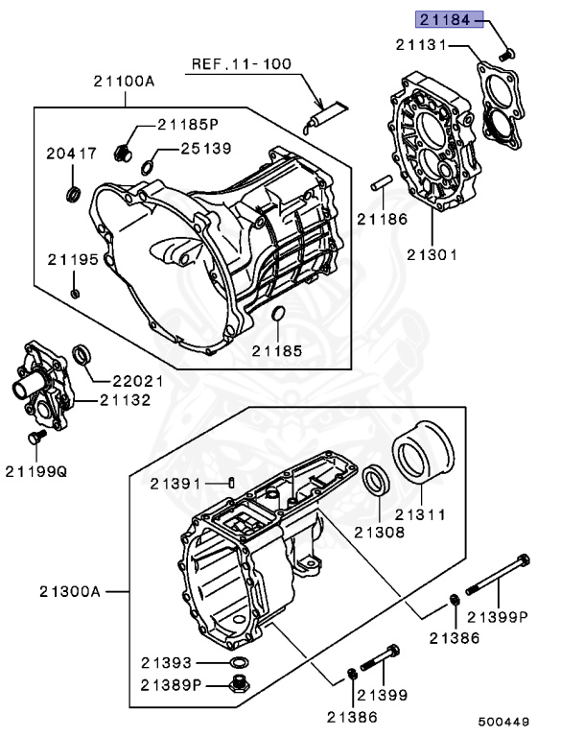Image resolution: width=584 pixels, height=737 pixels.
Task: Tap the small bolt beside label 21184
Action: pos(508,52)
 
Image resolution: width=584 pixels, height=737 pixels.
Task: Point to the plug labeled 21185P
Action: pos(123,152)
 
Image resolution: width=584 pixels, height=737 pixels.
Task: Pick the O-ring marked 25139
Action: pos(147,169)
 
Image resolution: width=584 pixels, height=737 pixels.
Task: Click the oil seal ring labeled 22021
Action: pos(84,357)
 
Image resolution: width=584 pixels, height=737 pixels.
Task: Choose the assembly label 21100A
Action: pos(124,82)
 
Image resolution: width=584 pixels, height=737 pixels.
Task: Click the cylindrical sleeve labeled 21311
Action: pos(422,456)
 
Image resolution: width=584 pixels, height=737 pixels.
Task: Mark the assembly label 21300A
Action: pos(70,590)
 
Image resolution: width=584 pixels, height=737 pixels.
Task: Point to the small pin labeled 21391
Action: pos(231,482)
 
